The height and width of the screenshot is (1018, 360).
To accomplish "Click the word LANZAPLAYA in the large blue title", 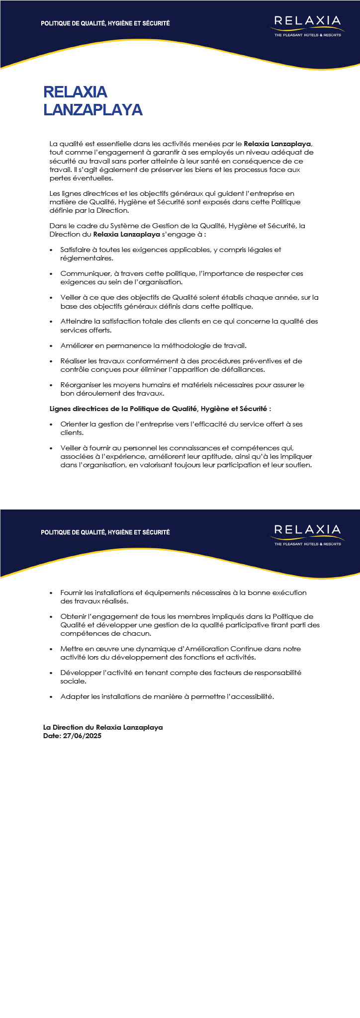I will (x=93, y=110).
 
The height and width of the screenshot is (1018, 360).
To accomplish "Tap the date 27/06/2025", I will (x=83, y=736).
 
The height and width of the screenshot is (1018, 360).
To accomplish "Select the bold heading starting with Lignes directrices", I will (x=160, y=409).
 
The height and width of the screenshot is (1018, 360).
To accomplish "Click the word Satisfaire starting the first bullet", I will (x=75, y=250).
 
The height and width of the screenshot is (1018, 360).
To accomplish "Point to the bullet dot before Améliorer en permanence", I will (x=51, y=346).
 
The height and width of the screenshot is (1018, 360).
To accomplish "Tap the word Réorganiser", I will (x=80, y=385).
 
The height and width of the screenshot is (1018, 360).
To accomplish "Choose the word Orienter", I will (x=74, y=424).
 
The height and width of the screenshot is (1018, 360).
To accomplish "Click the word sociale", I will (x=73, y=681).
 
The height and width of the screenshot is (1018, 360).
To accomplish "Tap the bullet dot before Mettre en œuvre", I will (x=51, y=649).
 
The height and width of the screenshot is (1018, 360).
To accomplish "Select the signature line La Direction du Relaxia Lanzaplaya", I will (x=103, y=727).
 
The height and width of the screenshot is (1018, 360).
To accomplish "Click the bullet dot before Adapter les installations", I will (x=51, y=697).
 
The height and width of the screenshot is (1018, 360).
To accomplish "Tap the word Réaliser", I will (x=74, y=361).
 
